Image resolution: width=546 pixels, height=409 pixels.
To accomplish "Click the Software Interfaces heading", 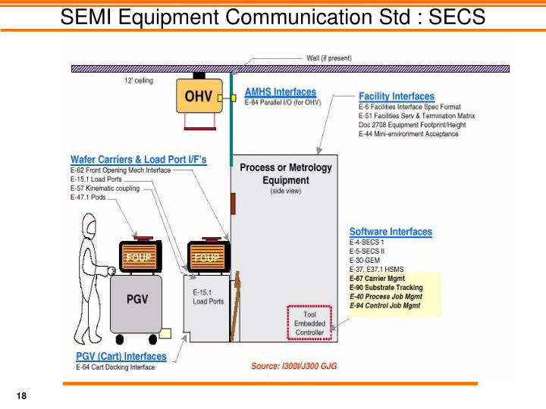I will pyautogui.click(x=391, y=232).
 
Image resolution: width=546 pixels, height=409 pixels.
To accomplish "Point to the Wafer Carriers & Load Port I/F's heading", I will pyautogui.click(x=138, y=160).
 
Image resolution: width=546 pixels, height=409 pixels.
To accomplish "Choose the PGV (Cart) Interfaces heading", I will pyautogui.click(x=121, y=357).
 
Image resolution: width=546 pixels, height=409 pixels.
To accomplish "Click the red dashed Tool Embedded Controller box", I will pyautogui.click(x=309, y=323).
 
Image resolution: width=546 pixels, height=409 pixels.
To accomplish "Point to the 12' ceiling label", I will pyautogui.click(x=140, y=79).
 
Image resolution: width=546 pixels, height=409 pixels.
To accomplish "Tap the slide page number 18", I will pyautogui.click(x=21, y=398).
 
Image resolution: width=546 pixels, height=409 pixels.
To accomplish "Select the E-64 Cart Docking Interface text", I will pyautogui.click(x=115, y=367).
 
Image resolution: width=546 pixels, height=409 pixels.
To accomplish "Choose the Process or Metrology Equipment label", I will pyautogui.click(x=285, y=174).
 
